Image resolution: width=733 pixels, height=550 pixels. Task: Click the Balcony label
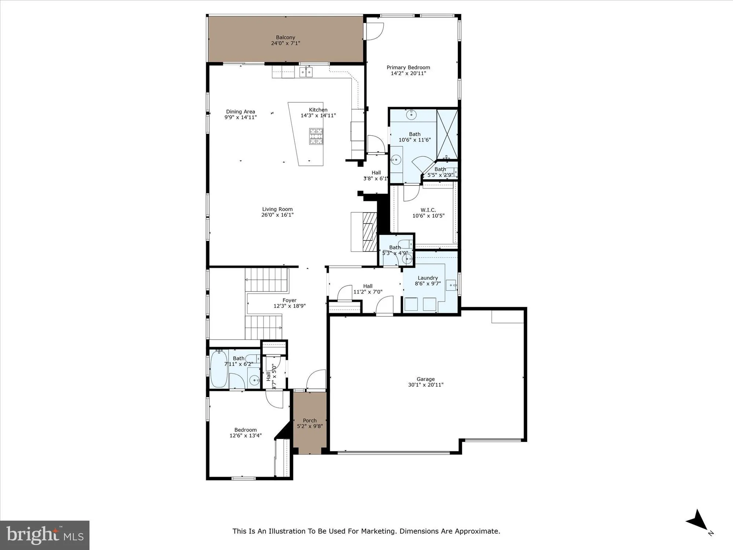(286, 37)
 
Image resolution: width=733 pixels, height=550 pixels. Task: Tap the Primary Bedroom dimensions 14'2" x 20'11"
(408, 73)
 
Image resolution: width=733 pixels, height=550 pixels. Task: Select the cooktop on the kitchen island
(316, 136)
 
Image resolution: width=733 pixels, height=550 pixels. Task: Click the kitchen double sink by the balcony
(306, 72)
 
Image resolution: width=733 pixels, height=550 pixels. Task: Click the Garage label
(426, 379)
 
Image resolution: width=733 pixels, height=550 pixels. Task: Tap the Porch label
(310, 421)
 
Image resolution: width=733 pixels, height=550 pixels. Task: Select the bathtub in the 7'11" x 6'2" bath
(219, 368)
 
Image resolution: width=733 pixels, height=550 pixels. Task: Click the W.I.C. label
(428, 210)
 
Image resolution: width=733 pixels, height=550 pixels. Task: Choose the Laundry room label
(428, 278)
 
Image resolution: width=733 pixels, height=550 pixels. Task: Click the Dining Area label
(240, 112)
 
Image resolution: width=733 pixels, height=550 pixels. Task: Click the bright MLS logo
(45, 535)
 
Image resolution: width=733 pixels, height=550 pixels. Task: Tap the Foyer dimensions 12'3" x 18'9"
(290, 306)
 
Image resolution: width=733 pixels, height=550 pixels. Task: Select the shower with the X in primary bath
(447, 134)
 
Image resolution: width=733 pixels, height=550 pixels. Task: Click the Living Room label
(277, 209)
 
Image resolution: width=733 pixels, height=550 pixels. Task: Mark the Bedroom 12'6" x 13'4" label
(246, 430)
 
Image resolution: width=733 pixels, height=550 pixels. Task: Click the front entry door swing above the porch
(316, 379)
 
